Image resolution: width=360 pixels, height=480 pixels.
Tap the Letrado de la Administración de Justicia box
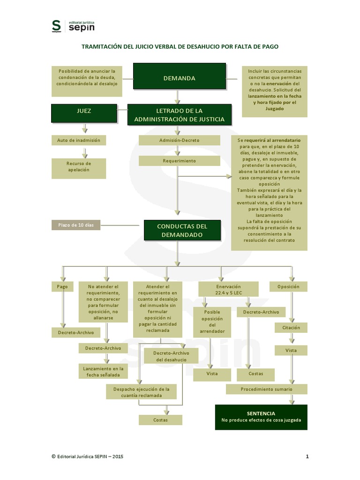click(179, 115)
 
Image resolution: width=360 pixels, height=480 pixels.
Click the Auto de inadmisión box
click(78, 140)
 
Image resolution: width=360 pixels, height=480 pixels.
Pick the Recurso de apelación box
click(78, 166)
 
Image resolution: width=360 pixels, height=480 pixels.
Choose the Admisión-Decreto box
click(179, 140)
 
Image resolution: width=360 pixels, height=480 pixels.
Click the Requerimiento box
click(179, 161)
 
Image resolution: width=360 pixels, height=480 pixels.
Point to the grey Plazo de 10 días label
click(75, 225)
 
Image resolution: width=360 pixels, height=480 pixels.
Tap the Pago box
click(62, 286)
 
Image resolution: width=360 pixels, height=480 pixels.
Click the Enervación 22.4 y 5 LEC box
click(228, 289)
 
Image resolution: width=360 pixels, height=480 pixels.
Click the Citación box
click(291, 328)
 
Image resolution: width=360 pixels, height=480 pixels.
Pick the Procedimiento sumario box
click(266, 389)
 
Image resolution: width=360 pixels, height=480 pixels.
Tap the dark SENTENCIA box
click(261, 417)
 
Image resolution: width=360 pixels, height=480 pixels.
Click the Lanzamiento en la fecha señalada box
click(103, 372)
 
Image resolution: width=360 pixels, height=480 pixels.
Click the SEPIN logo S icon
click(56, 26)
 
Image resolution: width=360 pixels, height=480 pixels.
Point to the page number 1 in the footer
click(307, 456)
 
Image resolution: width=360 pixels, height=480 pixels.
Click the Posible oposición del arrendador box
click(212, 322)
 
